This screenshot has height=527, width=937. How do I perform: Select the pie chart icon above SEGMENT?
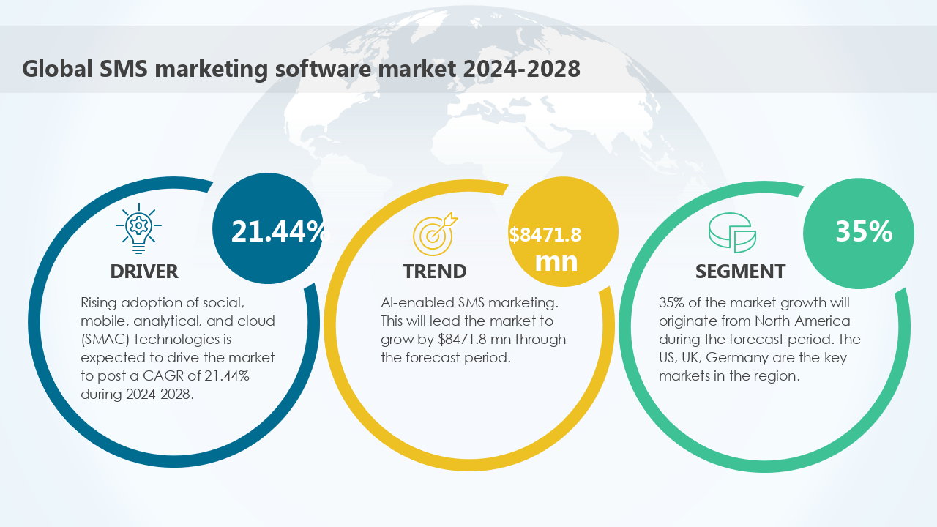[x=732, y=233]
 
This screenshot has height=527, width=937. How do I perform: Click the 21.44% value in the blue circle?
[x=278, y=231]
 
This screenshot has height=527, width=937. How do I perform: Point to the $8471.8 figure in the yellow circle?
[x=545, y=235]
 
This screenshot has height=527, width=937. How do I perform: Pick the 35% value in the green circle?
[x=864, y=231]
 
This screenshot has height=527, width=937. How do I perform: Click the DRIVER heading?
[x=144, y=272]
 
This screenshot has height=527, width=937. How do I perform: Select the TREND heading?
[x=434, y=272]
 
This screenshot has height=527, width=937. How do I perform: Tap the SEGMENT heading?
[x=740, y=272]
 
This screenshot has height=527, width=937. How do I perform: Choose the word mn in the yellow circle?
[x=556, y=261]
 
